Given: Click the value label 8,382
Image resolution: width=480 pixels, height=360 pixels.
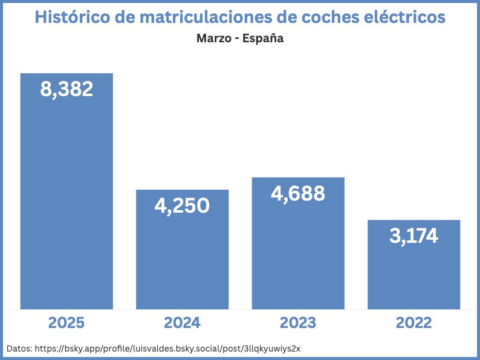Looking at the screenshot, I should click(66, 89).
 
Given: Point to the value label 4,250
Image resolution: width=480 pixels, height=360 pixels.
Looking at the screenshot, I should click(182, 205).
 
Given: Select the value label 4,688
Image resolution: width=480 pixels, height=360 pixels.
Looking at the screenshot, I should click(297, 193).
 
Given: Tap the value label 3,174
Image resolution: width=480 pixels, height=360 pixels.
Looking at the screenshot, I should click(414, 236).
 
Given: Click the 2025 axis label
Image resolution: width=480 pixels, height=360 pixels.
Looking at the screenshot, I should click(66, 323).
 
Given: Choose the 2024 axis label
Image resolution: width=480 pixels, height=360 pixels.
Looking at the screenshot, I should click(182, 323).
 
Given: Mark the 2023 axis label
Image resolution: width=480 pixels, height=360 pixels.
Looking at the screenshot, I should click(297, 323).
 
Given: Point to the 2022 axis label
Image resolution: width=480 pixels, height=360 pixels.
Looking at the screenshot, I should click(414, 323).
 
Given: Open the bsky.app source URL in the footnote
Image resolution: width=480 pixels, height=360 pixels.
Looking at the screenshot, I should click(167, 349).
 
